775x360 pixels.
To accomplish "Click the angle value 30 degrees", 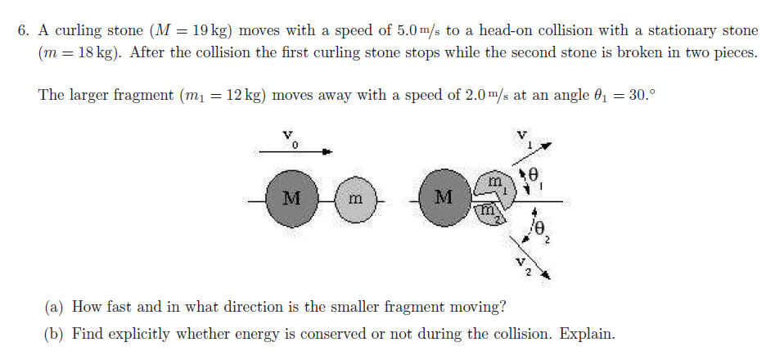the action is pos(641,95).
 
